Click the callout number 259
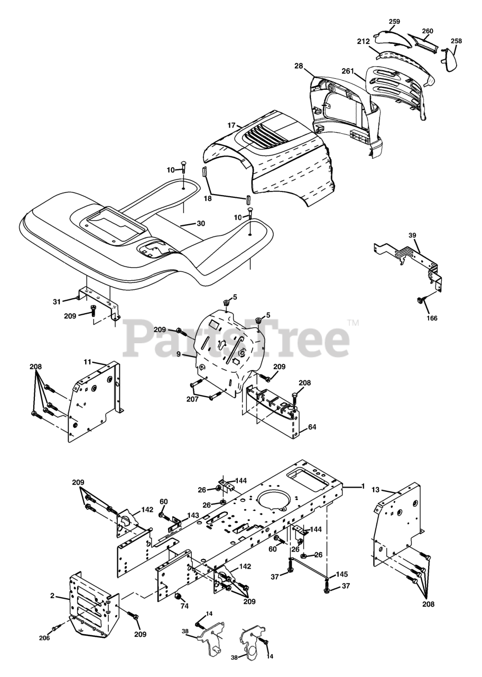pos(394,21)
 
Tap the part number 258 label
pos(456,41)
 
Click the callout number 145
pos(342,574)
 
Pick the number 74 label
pos(184,606)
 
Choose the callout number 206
pos(44,638)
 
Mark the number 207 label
pos(192,399)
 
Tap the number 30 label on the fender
pos(200,224)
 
